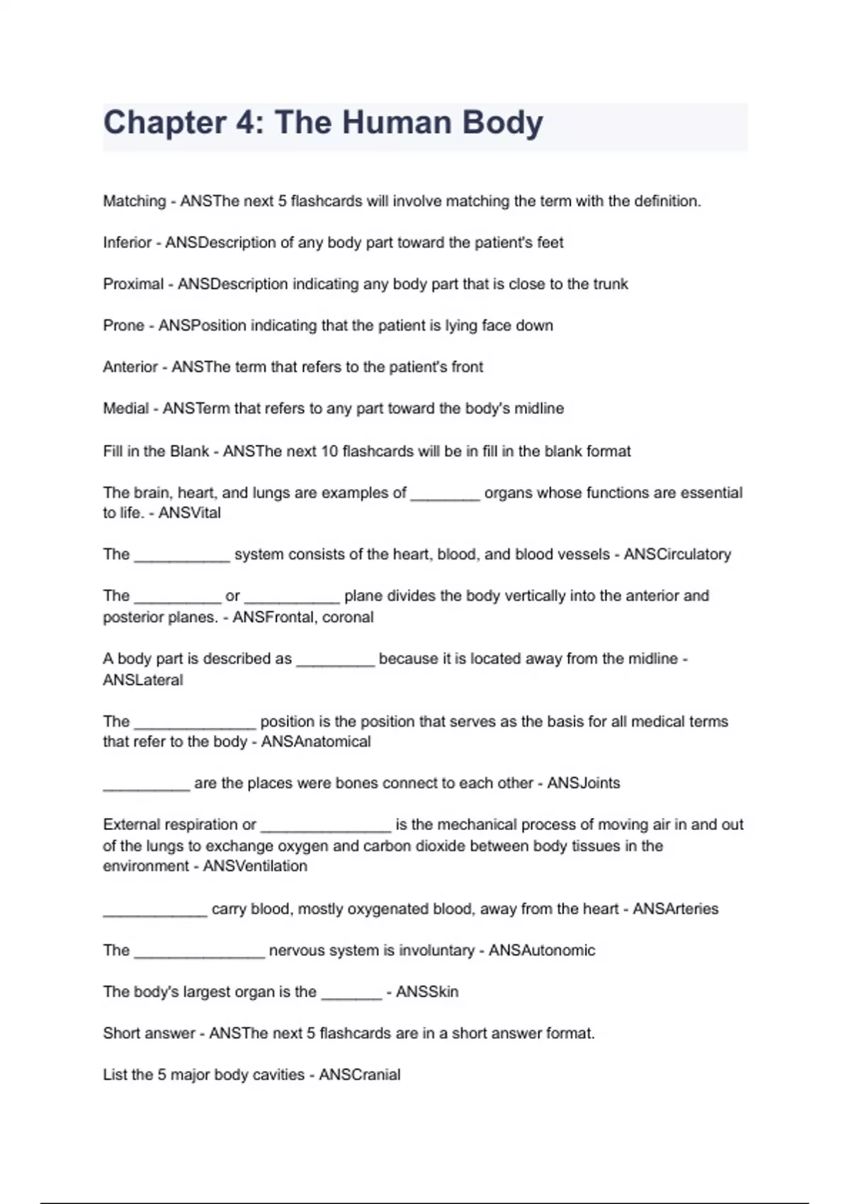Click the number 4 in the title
tap(249, 123)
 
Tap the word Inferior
tap(127, 243)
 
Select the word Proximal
tap(133, 284)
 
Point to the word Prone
tap(123, 326)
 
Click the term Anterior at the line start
tap(130, 367)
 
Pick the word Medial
tap(126, 409)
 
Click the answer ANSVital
tap(189, 513)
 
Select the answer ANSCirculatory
tap(677, 555)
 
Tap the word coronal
tap(347, 617)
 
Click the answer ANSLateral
tap(143, 680)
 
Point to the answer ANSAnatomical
tap(316, 742)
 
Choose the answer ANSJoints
tap(584, 783)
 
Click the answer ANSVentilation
tap(255, 866)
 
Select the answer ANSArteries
tap(675, 909)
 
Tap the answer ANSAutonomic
tap(542, 950)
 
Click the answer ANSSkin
tap(427, 992)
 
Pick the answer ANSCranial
tap(360, 1075)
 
